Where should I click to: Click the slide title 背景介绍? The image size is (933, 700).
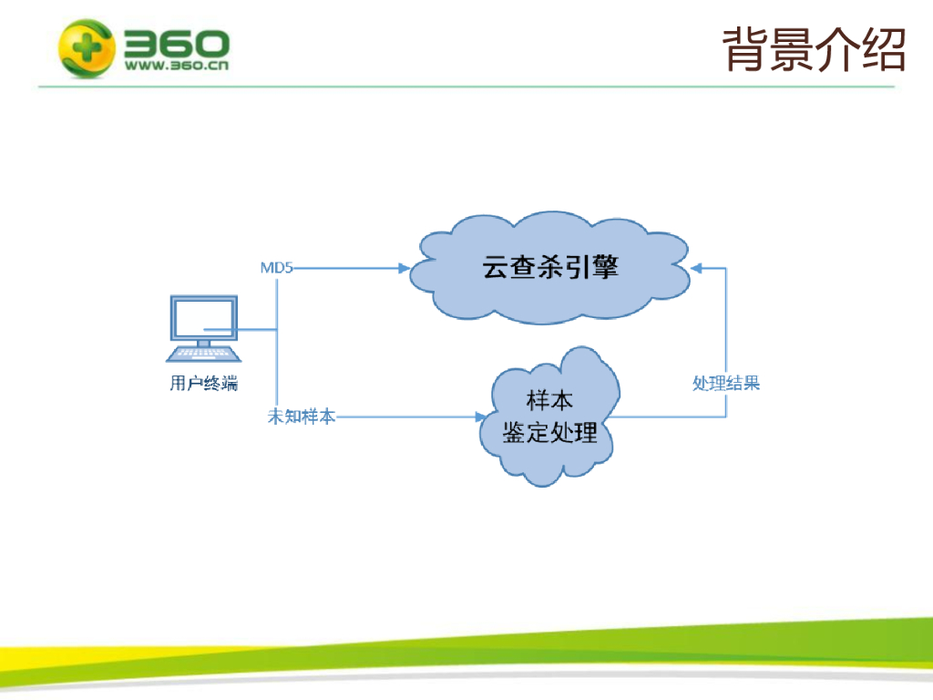(x=814, y=49)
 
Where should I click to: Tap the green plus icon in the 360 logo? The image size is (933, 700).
(x=87, y=47)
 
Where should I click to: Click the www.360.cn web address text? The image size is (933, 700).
(x=177, y=66)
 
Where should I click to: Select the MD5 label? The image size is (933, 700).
(x=277, y=268)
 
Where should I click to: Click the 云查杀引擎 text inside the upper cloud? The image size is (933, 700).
(x=550, y=267)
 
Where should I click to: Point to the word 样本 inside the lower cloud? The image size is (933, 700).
(x=549, y=400)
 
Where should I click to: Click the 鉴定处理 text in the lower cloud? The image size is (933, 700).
(x=549, y=433)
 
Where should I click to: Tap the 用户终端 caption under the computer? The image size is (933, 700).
(x=203, y=383)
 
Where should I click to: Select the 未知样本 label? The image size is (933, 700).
(x=302, y=416)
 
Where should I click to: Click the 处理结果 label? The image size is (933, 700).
(x=726, y=383)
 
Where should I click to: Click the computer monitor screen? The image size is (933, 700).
(x=203, y=318)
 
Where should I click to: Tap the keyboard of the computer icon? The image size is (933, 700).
(x=203, y=354)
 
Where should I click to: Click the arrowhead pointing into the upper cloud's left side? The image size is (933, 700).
(x=404, y=268)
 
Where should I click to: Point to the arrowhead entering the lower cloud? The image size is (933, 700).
(x=481, y=417)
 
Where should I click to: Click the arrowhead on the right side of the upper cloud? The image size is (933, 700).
(x=696, y=269)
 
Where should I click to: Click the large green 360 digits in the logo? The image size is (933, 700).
(x=177, y=44)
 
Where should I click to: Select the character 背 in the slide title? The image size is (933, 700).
(x=745, y=49)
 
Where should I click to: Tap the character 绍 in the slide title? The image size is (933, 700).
(x=884, y=49)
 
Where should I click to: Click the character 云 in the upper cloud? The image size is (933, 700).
(x=496, y=267)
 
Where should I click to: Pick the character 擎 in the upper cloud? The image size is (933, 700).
(x=606, y=267)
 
